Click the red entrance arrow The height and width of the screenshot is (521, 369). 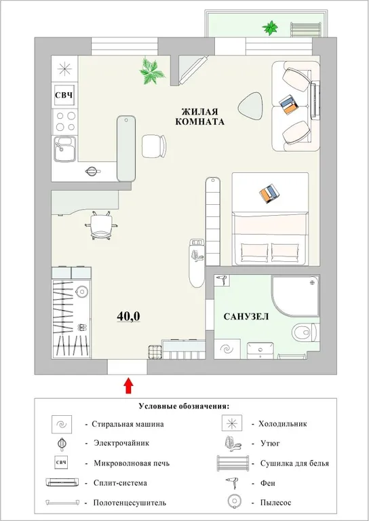[128, 385]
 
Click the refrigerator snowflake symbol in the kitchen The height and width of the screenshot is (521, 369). [64, 69]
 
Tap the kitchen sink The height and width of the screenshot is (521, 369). [65, 149]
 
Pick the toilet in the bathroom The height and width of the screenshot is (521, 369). [301, 334]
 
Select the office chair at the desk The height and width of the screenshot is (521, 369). [102, 223]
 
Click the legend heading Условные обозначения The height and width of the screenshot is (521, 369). [184, 406]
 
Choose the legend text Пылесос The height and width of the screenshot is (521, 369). [273, 503]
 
